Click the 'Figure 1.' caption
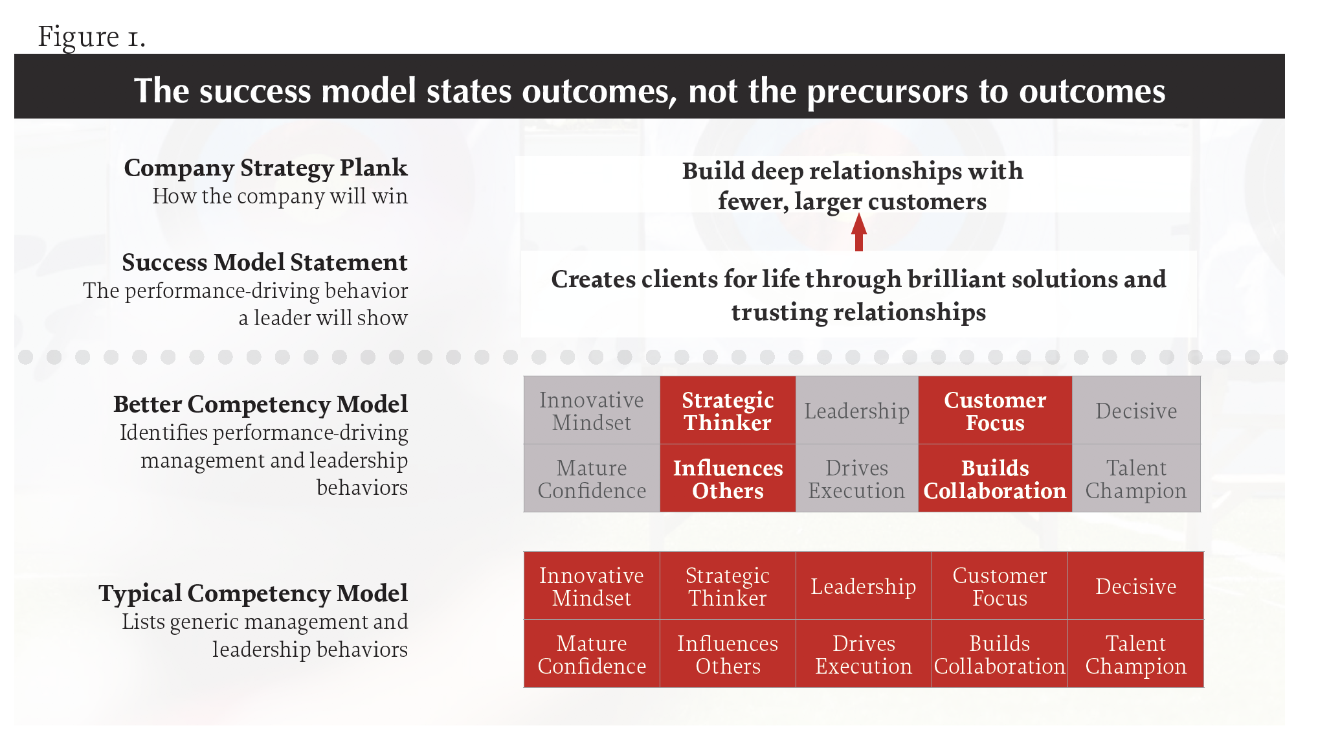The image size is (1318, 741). [x=91, y=36]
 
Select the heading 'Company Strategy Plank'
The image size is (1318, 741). [x=265, y=168]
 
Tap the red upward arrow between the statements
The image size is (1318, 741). [x=859, y=231]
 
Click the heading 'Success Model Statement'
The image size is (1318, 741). [x=264, y=262]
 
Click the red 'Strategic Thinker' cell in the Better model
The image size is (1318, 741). [x=728, y=411]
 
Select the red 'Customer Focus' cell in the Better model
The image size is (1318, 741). [x=995, y=411]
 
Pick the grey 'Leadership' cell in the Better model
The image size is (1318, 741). [x=856, y=411]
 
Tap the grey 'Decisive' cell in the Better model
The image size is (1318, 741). [x=1136, y=411]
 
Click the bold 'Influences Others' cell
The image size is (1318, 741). [x=728, y=479]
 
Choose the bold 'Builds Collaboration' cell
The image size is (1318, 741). [x=995, y=479]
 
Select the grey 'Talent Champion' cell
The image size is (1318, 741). [x=1136, y=479]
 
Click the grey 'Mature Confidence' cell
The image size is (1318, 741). [x=592, y=479]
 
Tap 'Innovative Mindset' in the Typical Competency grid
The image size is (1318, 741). [x=592, y=586]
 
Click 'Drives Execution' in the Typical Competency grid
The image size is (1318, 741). [x=864, y=654]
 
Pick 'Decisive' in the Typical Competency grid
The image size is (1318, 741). [x=1136, y=586]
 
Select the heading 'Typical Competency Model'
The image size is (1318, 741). [x=253, y=593]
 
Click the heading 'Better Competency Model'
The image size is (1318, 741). [x=260, y=404]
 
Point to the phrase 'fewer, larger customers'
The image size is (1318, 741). [x=852, y=201]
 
